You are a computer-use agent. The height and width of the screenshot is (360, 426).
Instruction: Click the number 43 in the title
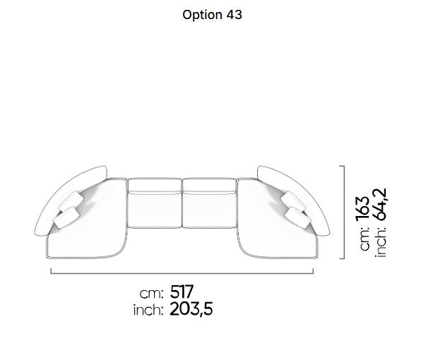point(234,15)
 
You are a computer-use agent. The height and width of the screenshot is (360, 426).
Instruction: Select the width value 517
point(182,292)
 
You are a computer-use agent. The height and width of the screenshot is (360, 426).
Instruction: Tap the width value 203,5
point(191,309)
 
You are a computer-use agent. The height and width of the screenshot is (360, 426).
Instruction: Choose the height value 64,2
point(379,204)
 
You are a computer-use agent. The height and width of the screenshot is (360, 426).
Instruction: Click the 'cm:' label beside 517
point(151,294)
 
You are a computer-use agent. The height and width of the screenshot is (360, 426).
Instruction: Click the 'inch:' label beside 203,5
point(148,311)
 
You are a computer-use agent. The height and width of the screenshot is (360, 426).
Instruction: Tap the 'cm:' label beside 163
point(365,238)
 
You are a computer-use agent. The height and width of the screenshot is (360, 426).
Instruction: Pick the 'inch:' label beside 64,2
point(381,241)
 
